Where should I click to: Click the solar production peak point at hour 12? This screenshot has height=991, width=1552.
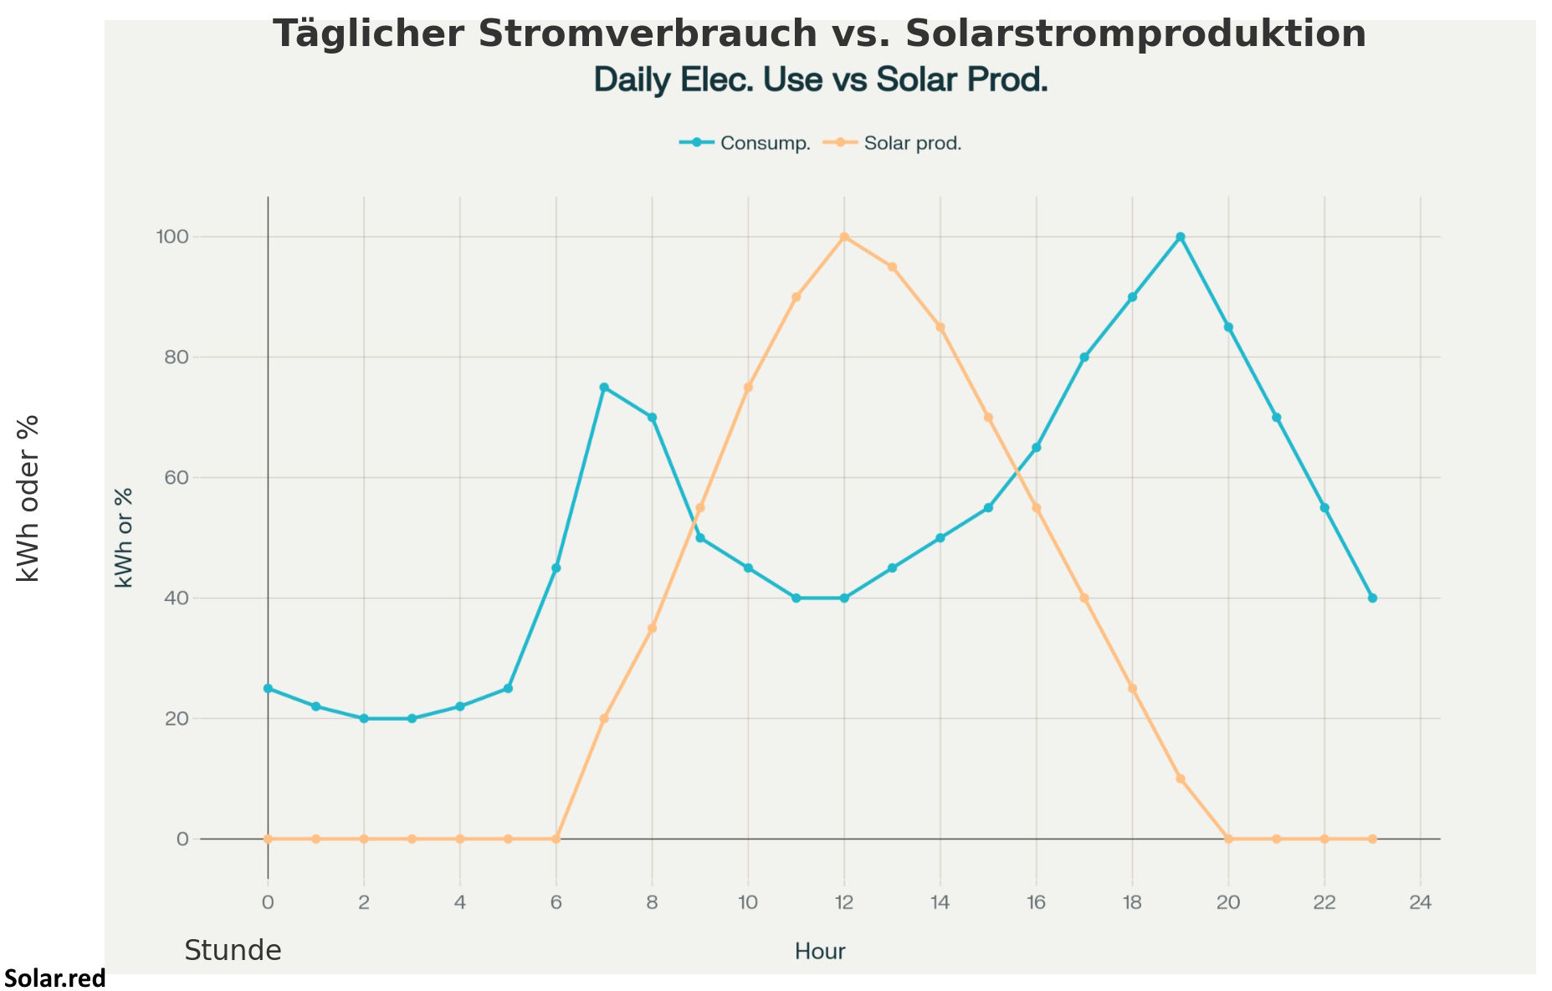(844, 237)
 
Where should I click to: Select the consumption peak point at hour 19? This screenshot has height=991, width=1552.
(1181, 237)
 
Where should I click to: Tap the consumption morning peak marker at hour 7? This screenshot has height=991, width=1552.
(604, 388)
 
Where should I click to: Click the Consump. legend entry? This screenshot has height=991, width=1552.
(745, 143)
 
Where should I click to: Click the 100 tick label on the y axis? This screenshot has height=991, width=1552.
(172, 237)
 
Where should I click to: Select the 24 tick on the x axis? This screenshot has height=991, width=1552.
(1421, 902)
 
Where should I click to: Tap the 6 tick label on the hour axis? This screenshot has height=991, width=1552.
(556, 902)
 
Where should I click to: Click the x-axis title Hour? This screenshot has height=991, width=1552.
(820, 952)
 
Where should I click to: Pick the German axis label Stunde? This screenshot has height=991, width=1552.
(233, 951)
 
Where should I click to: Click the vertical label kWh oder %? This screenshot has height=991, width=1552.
(28, 498)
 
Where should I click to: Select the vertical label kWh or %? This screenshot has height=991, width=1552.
(124, 537)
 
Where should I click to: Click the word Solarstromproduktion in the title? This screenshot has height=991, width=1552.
(1135, 34)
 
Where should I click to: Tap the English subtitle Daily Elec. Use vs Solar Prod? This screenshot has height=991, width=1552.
(820, 80)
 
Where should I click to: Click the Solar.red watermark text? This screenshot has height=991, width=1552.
(55, 978)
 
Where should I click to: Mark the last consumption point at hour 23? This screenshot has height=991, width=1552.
(1372, 598)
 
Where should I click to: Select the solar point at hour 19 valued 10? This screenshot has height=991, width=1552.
(1181, 779)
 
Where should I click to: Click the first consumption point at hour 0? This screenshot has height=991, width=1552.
(268, 689)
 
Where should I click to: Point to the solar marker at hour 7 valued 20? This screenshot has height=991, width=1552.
(604, 719)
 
